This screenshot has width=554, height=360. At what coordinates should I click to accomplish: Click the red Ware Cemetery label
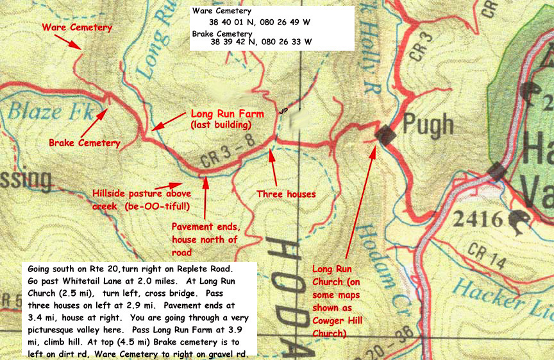[x=77, y=28]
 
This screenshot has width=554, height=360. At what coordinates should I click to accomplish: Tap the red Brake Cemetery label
[x=85, y=142]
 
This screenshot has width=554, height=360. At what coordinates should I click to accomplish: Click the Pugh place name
[x=429, y=124]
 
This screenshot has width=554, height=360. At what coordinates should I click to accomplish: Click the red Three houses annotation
[x=286, y=193]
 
